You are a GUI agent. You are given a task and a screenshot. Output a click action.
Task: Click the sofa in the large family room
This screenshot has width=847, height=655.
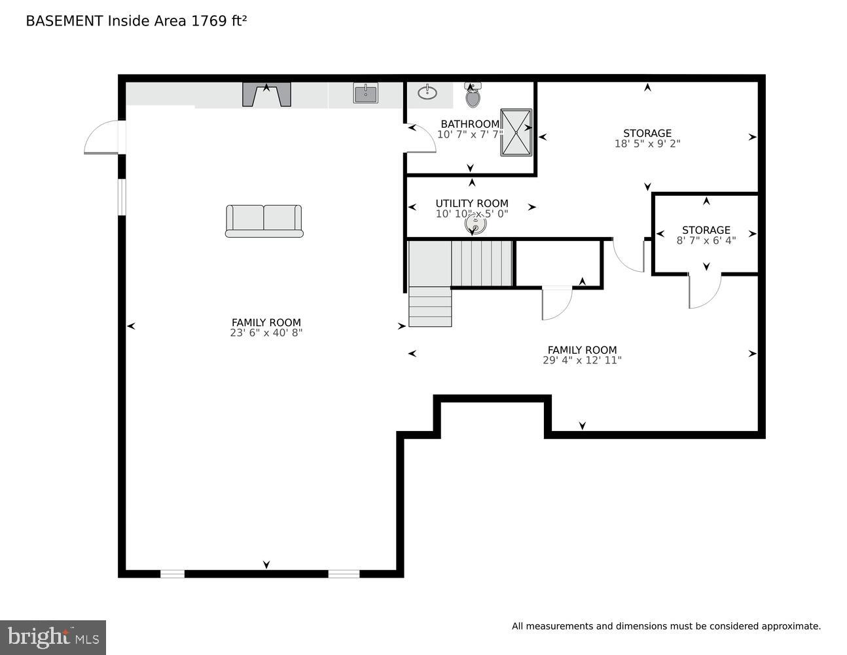264,221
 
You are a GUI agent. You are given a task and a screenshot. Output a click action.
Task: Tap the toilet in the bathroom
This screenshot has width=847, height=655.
473,97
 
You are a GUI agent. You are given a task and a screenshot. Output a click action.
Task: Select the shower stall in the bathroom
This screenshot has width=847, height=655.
516,132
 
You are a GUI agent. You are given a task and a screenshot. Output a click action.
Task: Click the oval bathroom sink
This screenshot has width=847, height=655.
427,92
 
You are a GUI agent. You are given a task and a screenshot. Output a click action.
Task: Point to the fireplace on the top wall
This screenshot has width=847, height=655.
266,94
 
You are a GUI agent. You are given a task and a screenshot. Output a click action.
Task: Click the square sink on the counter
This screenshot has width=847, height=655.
365,93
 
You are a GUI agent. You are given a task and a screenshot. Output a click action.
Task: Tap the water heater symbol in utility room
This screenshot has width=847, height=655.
476,225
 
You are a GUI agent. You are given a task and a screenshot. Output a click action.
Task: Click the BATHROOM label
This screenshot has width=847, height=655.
469,124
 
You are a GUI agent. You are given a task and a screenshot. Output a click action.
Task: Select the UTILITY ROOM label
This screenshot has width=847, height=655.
472,203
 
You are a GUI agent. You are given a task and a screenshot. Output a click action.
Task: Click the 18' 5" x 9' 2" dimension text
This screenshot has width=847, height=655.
647,144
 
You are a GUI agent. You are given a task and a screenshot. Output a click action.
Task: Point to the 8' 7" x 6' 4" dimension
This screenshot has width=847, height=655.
706,240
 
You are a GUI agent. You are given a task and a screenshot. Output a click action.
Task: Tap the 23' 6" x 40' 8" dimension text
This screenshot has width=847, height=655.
266,333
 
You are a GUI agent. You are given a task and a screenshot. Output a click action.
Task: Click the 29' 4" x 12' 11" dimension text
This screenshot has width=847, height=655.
582,360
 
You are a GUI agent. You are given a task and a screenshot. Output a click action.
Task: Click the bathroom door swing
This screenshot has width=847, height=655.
422,139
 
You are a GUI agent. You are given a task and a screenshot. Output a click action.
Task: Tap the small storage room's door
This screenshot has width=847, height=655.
704,291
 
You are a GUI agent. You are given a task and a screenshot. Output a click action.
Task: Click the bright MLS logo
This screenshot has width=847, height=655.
53,637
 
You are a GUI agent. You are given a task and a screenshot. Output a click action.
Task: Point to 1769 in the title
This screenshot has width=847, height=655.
207,21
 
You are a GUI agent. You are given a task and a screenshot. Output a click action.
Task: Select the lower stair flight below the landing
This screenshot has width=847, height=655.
430,307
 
